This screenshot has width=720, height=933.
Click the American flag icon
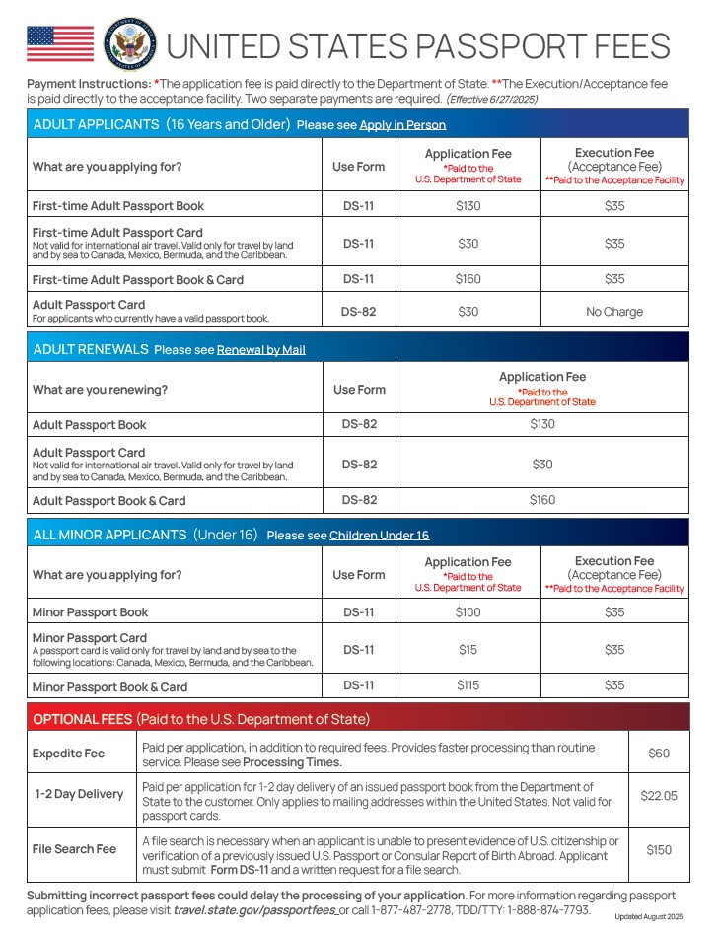point(60,44)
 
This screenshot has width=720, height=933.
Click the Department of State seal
point(129,44)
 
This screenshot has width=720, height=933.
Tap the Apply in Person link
point(402,125)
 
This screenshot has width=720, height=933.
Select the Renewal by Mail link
point(261,350)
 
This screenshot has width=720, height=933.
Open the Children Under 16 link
point(379,536)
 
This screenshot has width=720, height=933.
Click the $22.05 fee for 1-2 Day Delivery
point(659,795)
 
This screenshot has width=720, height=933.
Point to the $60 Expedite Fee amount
point(659,754)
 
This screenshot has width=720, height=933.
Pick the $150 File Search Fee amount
point(659,849)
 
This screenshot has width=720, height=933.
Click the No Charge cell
point(614,312)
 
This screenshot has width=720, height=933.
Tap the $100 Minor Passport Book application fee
point(468,612)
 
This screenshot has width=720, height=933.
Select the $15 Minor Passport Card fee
point(468,650)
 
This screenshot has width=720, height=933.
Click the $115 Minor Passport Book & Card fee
point(468,685)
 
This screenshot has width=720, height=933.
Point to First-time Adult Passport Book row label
point(118,206)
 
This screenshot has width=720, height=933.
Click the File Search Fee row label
point(75,849)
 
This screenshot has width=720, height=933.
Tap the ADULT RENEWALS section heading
point(91,349)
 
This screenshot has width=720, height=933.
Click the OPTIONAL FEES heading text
point(83,719)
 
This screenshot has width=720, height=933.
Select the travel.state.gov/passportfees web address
point(254,909)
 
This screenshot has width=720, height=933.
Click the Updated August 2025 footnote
point(648,917)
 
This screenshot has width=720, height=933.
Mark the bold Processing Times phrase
point(292,762)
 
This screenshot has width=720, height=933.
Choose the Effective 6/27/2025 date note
point(492,100)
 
